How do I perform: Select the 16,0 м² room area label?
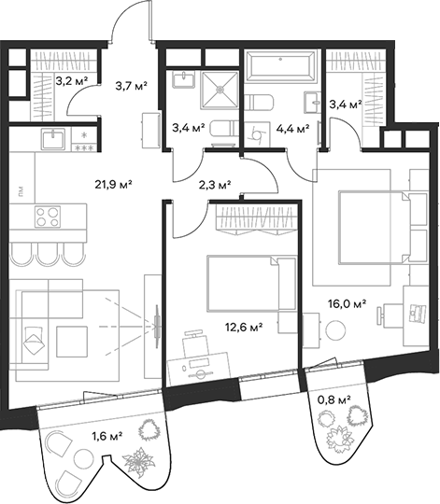[x=346, y=303]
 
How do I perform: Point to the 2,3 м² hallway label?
[x=215, y=185]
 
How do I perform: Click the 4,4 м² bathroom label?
[x=290, y=129]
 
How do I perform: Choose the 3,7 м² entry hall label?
[x=132, y=87]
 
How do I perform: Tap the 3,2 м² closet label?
[x=72, y=81]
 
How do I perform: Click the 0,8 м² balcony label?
[x=334, y=399]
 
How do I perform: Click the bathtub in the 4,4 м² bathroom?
[x=281, y=68]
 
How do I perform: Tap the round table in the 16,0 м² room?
[x=337, y=331]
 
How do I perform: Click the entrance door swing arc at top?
[x=131, y=23]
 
